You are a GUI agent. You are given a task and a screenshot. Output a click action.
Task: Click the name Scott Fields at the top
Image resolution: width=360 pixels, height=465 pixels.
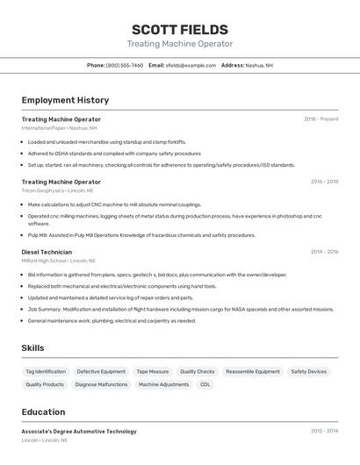[x=179, y=29]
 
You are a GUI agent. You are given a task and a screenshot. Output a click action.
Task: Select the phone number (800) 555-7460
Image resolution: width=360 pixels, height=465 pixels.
[x=124, y=65]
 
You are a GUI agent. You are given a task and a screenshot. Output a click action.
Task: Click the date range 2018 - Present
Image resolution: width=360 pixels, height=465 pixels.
[x=320, y=119]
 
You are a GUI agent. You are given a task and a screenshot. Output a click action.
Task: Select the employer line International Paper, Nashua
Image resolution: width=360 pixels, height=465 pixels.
[x=59, y=128]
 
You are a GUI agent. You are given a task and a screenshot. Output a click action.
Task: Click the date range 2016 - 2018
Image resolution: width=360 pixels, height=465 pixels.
[x=324, y=182]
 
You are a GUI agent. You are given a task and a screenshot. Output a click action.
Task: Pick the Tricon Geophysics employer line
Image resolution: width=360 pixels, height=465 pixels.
[x=57, y=190]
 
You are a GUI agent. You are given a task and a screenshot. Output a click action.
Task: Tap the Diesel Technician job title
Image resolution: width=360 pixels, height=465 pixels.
[x=47, y=252]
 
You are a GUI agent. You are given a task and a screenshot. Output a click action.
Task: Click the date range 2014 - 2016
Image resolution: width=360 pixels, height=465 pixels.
[x=324, y=252]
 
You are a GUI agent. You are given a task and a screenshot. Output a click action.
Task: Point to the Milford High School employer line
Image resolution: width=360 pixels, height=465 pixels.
[x=58, y=261]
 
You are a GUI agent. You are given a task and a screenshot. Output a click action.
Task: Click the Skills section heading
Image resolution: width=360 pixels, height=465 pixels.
[x=32, y=348]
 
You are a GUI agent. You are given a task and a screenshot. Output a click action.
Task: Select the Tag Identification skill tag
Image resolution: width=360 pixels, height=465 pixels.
[x=46, y=372]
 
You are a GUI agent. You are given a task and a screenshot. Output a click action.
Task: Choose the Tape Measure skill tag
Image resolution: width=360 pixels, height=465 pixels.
[x=153, y=372]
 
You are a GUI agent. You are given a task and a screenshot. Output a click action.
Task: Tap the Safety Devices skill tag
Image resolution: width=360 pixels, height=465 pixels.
[x=308, y=372]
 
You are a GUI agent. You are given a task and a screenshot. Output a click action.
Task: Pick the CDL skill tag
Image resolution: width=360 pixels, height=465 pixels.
[x=205, y=384]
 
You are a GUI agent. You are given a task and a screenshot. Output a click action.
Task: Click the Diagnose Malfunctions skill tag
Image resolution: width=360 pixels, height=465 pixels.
[x=101, y=384]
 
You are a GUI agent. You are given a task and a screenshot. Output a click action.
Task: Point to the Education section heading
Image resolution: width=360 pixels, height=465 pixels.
[x=43, y=412]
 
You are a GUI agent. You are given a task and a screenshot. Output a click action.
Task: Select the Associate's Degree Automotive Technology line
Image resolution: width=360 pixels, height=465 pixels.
[x=79, y=432]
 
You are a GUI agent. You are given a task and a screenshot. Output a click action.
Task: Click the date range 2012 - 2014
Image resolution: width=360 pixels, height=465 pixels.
[x=324, y=432]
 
